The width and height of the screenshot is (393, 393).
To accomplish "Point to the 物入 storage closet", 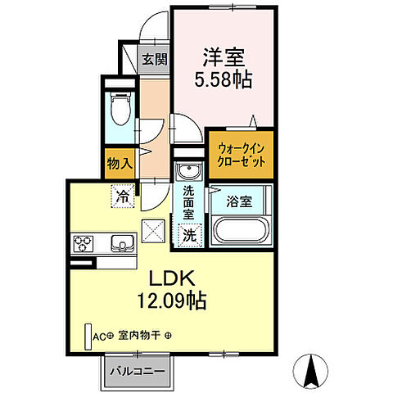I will point(120,163).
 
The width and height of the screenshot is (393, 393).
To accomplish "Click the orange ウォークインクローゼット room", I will point(239,154).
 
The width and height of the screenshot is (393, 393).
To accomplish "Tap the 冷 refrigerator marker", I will point(121,196).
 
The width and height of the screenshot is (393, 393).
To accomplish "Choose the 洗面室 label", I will point(188,202).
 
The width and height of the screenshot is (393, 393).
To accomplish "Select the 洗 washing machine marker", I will point(188,233).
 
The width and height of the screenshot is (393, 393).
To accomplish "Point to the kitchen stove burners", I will point(84,242).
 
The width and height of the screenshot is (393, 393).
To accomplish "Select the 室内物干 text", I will point(138,336).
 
